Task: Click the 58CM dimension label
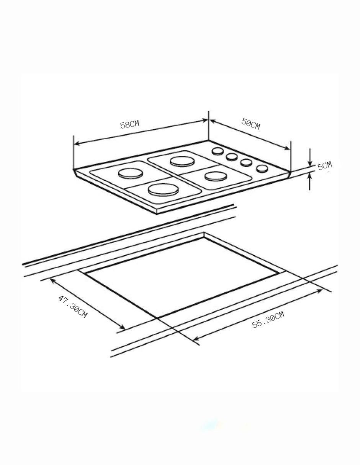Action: pyautogui.click(x=130, y=124)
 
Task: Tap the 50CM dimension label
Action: pyautogui.click(x=250, y=124)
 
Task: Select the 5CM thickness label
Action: pyautogui.click(x=324, y=165)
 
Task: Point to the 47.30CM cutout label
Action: pyautogui.click(x=73, y=307)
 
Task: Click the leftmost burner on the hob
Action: pyautogui.click(x=130, y=173)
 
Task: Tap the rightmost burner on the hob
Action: pyautogui.click(x=216, y=176)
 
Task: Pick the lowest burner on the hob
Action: pyautogui.click(x=163, y=189)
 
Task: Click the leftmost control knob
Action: pyautogui.click(x=218, y=151)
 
